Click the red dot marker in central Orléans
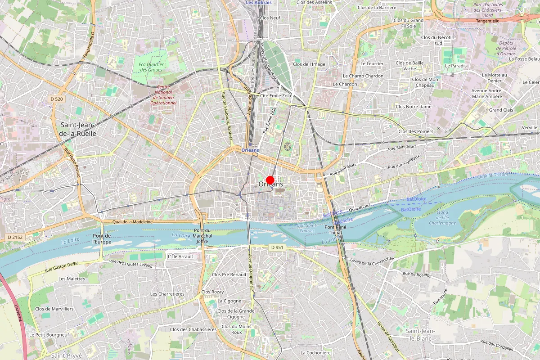[x=270, y=180]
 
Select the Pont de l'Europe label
[x=102, y=238]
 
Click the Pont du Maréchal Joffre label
[x=202, y=236]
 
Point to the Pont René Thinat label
[x=336, y=229]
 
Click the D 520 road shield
[x=56, y=99]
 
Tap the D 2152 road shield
[x=15, y=237]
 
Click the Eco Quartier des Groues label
[x=151, y=67]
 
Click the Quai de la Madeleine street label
[x=133, y=221]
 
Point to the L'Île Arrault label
[x=180, y=256]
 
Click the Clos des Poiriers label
[x=416, y=131]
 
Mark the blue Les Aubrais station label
[x=259, y=2]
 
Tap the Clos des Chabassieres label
[x=193, y=329]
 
